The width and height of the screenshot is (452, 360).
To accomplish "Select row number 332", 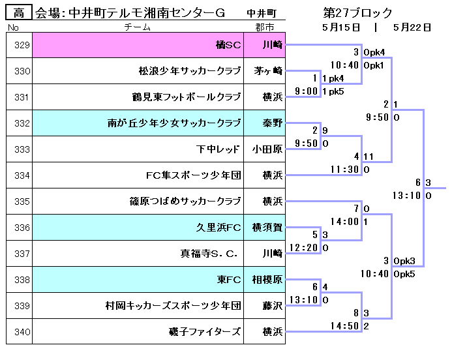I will tap(22, 123).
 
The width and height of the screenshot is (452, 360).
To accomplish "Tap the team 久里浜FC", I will tap(218, 228).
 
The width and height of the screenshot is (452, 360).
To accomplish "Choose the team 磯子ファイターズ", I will tap(205, 332).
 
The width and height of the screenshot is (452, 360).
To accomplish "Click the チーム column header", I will tap(137, 27).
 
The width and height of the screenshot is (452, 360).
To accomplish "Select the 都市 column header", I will tap(265, 27).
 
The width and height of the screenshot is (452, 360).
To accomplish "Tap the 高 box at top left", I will tap(19, 12).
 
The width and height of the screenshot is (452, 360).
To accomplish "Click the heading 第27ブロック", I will tap(358, 12).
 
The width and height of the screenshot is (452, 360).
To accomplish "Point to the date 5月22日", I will tap(412, 27).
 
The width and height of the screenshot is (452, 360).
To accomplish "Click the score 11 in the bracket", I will tap(369, 157).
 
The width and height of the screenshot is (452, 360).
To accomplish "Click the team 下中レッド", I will tap(218, 149).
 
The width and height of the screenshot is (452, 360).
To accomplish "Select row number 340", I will tap(22, 332).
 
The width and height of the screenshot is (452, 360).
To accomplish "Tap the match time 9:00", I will tap(307, 91).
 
